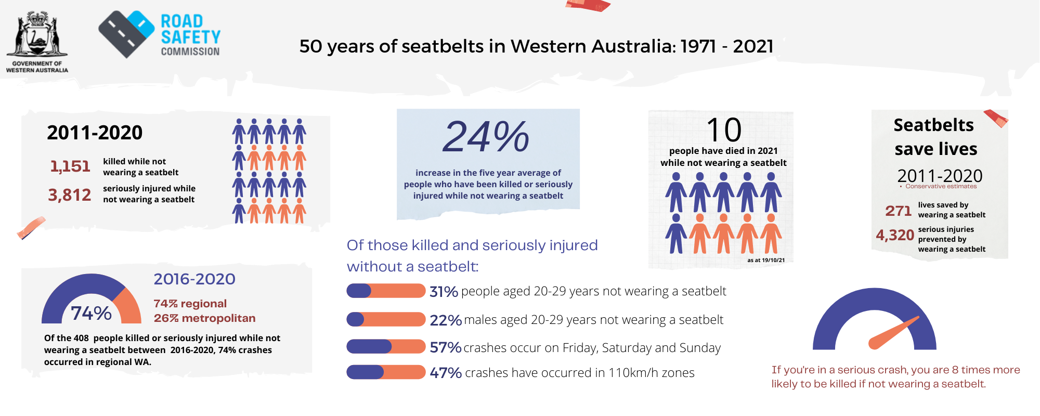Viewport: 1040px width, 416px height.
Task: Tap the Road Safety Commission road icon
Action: pos(126,34)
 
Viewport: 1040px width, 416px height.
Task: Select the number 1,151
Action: pos(70,166)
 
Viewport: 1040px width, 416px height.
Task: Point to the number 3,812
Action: pos(70,195)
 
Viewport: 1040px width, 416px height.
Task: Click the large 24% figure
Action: pos(486,137)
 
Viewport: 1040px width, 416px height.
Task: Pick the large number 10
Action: pos(723,129)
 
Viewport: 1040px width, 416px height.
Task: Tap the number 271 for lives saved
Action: pos(898,211)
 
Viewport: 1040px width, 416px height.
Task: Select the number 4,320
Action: pos(895,235)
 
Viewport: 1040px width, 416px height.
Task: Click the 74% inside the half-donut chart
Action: pos(91,313)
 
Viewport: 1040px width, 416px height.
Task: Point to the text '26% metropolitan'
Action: pos(204,318)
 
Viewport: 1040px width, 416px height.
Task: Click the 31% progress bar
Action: pos(386,291)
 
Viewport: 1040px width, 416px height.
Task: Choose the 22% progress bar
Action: pos(386,319)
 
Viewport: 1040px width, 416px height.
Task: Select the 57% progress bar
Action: pos(386,346)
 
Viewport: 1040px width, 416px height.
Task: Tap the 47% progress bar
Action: pos(386,372)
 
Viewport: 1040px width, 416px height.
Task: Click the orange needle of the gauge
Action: pos(893,333)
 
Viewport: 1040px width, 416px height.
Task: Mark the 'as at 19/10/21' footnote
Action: pos(766,260)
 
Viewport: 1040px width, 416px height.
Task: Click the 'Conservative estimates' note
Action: pos(941,186)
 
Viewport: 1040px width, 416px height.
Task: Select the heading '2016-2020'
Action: pos(194,279)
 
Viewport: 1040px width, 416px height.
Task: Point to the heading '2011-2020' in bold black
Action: pos(95,133)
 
